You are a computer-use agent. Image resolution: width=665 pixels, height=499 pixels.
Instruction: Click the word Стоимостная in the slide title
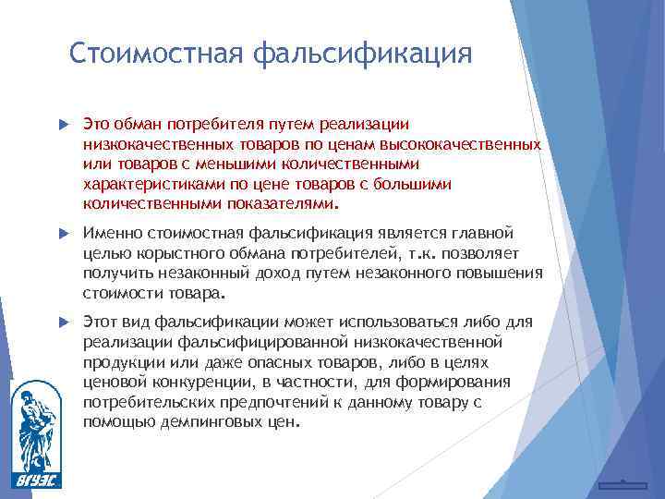tap(154, 53)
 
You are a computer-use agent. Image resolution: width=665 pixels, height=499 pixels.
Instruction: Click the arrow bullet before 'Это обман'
tap(63, 123)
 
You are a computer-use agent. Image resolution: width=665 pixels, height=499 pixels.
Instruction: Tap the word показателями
tap(281, 204)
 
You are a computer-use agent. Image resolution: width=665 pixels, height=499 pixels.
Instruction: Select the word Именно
tap(108, 232)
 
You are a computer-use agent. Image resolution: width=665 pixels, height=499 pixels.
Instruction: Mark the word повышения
tap(503, 273)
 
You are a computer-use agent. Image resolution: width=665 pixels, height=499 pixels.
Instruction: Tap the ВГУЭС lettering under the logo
tap(34, 480)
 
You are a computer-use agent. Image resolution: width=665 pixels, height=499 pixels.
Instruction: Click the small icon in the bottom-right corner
tap(622, 483)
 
